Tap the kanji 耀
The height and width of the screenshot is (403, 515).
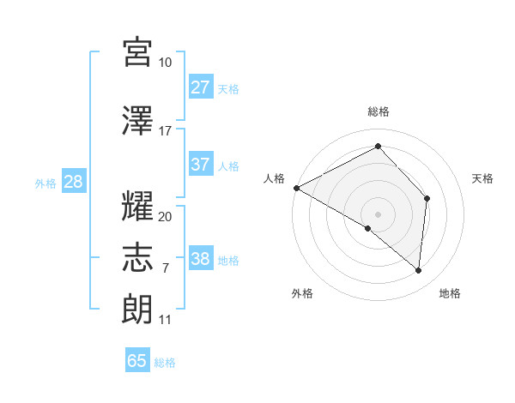click(x=138, y=206)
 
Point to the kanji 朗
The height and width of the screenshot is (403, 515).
click(x=138, y=307)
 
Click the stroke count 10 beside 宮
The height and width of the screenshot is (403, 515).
click(x=166, y=63)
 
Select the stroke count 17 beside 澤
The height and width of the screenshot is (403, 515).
click(x=166, y=131)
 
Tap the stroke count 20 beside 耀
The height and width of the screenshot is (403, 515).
click(x=166, y=217)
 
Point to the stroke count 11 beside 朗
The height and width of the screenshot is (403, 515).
click(x=166, y=320)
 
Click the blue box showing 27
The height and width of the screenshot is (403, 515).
click(x=201, y=87)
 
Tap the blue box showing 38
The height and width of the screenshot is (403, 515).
click(x=201, y=259)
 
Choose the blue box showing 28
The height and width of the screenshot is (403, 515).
click(x=73, y=181)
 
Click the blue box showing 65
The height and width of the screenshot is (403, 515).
click(x=137, y=361)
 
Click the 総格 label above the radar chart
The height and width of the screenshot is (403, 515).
click(x=378, y=111)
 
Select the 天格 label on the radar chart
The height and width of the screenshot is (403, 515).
click(x=482, y=178)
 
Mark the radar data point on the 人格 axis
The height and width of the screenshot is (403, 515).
click(x=296, y=188)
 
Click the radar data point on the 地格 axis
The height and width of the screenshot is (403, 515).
click(x=419, y=271)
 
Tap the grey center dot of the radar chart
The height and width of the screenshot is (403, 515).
click(x=378, y=214)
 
